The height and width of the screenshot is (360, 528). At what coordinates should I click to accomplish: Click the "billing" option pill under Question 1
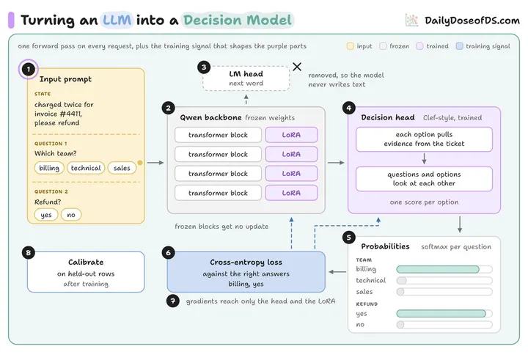point(49,168)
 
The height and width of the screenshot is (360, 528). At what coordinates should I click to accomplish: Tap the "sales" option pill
point(122,168)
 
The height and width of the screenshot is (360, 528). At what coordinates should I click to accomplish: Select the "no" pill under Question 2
point(71,215)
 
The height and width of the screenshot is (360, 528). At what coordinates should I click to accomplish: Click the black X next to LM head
point(297,67)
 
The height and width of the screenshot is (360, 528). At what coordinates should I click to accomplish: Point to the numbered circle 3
point(204,67)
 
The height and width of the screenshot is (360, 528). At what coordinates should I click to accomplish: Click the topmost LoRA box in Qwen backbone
point(291,135)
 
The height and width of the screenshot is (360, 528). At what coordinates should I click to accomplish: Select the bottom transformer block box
point(218,193)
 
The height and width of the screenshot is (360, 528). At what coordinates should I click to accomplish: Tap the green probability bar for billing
point(438,269)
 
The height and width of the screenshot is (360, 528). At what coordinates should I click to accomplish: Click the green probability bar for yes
point(441,314)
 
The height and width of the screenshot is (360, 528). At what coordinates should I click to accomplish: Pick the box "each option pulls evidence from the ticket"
point(424,139)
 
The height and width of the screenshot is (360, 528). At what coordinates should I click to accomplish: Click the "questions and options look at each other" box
point(424,179)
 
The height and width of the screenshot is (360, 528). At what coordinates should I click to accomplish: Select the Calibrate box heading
point(86,262)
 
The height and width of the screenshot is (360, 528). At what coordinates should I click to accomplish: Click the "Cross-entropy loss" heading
point(246,262)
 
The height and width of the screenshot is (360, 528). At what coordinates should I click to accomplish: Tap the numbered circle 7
point(173,301)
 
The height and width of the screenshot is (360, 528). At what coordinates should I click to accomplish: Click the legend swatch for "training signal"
point(459,46)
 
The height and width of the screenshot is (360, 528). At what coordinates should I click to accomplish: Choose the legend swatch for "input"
point(351,46)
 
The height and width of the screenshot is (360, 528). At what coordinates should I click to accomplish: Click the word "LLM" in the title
point(117,21)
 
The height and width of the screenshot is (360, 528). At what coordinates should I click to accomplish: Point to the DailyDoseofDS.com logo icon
point(412,21)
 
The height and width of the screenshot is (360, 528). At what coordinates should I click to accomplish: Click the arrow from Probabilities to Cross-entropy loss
point(337,272)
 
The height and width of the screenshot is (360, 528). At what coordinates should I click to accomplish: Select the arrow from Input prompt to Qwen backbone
point(155,163)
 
